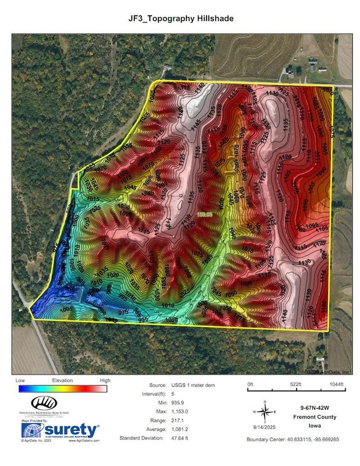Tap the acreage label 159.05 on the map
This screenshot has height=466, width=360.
click(205, 214)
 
